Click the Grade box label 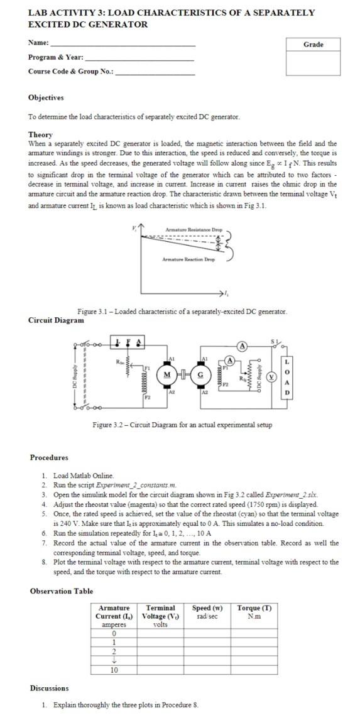click(313, 44)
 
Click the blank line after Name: click(123, 45)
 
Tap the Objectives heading click(46, 98)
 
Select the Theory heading click(40, 134)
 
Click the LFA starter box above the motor click(129, 343)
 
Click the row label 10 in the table click(114, 670)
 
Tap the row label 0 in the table click(114, 633)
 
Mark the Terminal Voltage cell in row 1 click(160, 642)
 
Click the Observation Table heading click(62, 591)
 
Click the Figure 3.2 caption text click(182, 425)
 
